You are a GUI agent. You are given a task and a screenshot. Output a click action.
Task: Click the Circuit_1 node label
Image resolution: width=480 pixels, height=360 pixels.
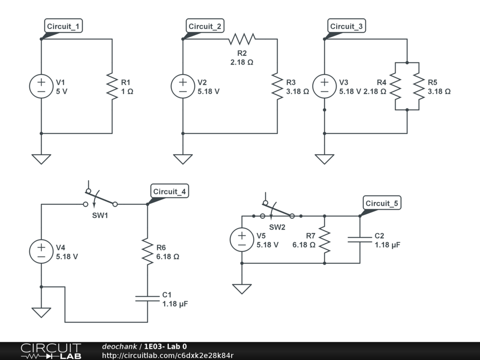[63, 26]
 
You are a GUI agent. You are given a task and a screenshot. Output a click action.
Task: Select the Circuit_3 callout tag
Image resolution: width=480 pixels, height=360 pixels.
[346, 26]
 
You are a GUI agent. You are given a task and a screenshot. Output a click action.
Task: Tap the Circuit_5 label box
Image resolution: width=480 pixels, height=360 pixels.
[382, 203]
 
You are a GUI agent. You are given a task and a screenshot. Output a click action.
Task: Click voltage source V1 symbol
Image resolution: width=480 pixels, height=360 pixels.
[41, 86]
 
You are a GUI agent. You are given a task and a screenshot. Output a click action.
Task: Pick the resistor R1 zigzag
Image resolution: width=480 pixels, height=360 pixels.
[112, 86]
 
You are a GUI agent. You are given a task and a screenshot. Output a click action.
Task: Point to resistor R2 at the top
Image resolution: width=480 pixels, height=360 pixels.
[242, 39]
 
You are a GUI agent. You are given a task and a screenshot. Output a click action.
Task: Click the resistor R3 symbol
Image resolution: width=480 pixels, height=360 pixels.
[277, 86]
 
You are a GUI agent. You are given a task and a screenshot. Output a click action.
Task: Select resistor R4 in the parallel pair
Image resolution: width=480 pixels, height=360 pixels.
[395, 86]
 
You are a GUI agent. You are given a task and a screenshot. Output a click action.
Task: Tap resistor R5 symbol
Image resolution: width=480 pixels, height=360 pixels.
[419, 86]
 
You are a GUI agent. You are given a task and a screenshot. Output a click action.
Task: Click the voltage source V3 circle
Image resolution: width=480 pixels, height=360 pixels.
[324, 86]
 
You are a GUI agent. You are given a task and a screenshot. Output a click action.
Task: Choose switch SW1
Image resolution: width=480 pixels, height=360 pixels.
[100, 198]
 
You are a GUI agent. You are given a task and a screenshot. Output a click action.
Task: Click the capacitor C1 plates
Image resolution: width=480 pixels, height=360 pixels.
[148, 299]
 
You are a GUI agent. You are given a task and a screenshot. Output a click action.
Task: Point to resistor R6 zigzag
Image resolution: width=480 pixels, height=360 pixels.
[148, 252]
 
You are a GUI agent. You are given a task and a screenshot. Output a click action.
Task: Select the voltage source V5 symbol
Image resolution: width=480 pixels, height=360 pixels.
[242, 240]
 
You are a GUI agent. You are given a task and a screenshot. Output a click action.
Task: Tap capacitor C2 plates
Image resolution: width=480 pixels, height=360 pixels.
[360, 240]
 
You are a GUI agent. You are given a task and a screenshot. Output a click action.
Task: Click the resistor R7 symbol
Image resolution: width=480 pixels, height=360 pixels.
[324, 240]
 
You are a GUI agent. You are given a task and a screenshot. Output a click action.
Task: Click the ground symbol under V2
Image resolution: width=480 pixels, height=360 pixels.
[183, 159]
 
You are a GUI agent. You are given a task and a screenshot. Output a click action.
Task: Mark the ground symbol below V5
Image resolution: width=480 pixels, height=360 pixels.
[242, 289]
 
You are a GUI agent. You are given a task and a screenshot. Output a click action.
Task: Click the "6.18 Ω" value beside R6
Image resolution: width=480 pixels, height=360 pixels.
[168, 256]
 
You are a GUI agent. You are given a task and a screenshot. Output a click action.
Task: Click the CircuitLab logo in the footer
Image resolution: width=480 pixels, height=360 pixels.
[51, 351]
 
